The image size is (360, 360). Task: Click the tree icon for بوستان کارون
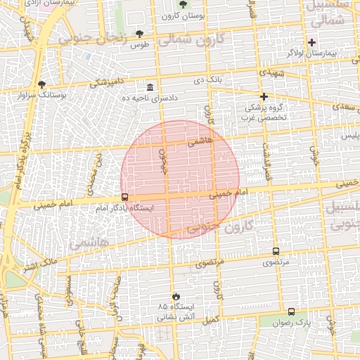click(x=183, y=4)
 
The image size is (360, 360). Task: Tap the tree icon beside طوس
click(x=139, y=33)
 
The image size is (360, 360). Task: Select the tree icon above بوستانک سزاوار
click(x=41, y=84)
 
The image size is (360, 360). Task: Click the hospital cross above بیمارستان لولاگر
click(x=312, y=43)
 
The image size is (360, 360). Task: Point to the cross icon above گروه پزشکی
click(x=264, y=96)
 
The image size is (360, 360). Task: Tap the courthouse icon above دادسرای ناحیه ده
click(x=150, y=86)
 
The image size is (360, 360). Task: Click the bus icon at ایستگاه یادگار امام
click(x=124, y=198)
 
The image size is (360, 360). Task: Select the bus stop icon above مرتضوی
click(x=276, y=251)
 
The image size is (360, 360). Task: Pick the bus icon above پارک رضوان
click(x=291, y=311)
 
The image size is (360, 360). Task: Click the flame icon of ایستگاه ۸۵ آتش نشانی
click(x=176, y=296)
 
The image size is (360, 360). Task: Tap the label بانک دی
click(x=209, y=81)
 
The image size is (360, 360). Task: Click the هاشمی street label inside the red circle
click(x=199, y=141)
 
